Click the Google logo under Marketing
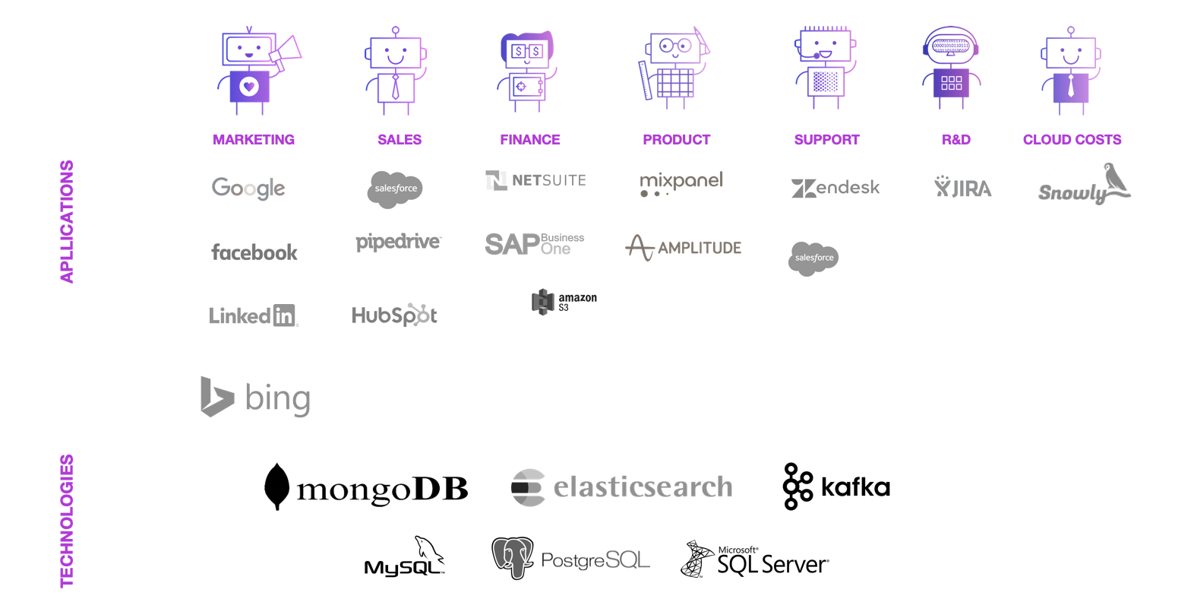coord(248,187)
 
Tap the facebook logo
coord(254,252)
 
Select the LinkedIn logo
coord(253,315)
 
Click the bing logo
coord(256,397)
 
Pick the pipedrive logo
coord(398,242)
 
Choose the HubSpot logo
coord(394,315)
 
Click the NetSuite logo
coord(535,180)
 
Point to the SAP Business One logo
coord(535,244)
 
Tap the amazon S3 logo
coord(564,302)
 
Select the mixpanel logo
coord(681,182)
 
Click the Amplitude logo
coord(683,247)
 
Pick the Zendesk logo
coord(835,188)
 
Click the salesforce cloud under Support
coord(813,258)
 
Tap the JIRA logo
coord(962,187)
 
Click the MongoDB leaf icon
coord(276,486)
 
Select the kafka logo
coord(836,486)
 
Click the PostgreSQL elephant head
coord(512,558)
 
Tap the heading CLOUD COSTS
coord(1072,140)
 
